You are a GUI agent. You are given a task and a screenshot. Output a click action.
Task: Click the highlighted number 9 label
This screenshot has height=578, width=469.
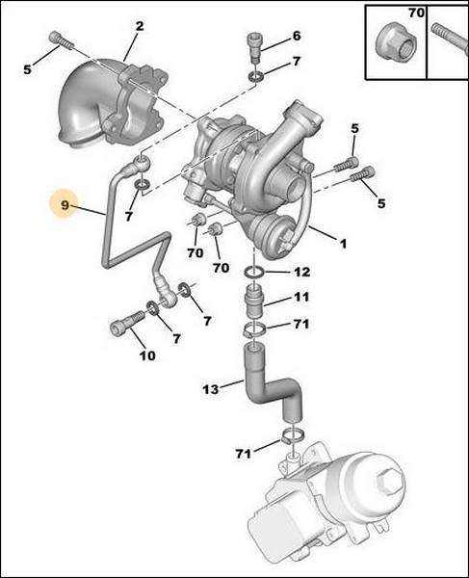pos(65,204)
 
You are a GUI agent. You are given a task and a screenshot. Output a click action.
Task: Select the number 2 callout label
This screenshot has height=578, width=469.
pos(140,26)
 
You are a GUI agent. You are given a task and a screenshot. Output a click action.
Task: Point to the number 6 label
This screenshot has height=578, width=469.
pos(297,36)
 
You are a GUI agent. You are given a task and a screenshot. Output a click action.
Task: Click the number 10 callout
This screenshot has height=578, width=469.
pos(146,356)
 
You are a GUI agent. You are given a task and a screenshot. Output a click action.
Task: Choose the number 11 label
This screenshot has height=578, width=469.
pos(302,298)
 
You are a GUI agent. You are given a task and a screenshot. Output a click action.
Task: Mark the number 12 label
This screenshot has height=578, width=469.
pos(302,272)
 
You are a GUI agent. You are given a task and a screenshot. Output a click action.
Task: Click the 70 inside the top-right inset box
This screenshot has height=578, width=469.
pos(416,14)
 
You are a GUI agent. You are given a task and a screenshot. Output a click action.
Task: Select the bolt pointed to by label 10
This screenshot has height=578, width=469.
pos(120,327)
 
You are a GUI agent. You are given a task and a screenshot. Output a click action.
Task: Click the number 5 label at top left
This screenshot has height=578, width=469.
pos(27,69)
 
